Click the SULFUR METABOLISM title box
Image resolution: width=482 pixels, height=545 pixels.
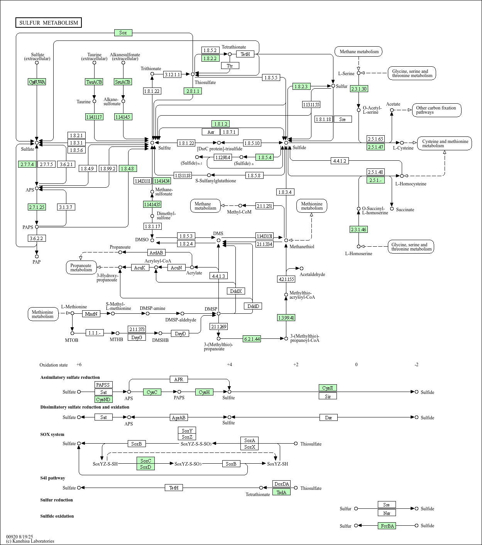(x=49, y=23)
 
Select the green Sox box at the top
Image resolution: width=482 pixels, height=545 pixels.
(x=123, y=33)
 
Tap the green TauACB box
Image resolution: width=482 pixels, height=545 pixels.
(x=94, y=82)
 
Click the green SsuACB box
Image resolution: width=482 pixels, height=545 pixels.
(x=123, y=82)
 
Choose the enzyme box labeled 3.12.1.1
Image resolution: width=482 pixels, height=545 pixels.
(x=172, y=74)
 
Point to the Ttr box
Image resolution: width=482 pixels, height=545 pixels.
(x=230, y=66)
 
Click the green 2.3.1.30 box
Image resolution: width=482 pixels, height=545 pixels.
(x=359, y=89)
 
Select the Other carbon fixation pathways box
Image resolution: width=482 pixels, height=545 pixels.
(x=436, y=110)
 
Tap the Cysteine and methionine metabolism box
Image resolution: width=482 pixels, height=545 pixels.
(x=445, y=143)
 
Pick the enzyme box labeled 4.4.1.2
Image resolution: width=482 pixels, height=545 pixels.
(x=340, y=161)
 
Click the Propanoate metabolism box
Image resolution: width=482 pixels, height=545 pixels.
(x=81, y=267)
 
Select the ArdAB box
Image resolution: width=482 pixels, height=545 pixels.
(x=156, y=252)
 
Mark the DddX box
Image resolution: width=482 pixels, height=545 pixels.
(x=236, y=291)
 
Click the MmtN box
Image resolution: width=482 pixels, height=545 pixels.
(x=91, y=314)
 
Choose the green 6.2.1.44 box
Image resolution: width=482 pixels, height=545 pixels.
(x=252, y=339)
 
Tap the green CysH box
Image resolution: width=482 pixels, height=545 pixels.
(x=204, y=392)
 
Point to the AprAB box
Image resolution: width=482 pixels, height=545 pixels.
(x=179, y=417)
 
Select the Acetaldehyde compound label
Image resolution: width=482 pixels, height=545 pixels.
(x=313, y=274)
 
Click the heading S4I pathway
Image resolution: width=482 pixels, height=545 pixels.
(x=53, y=478)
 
